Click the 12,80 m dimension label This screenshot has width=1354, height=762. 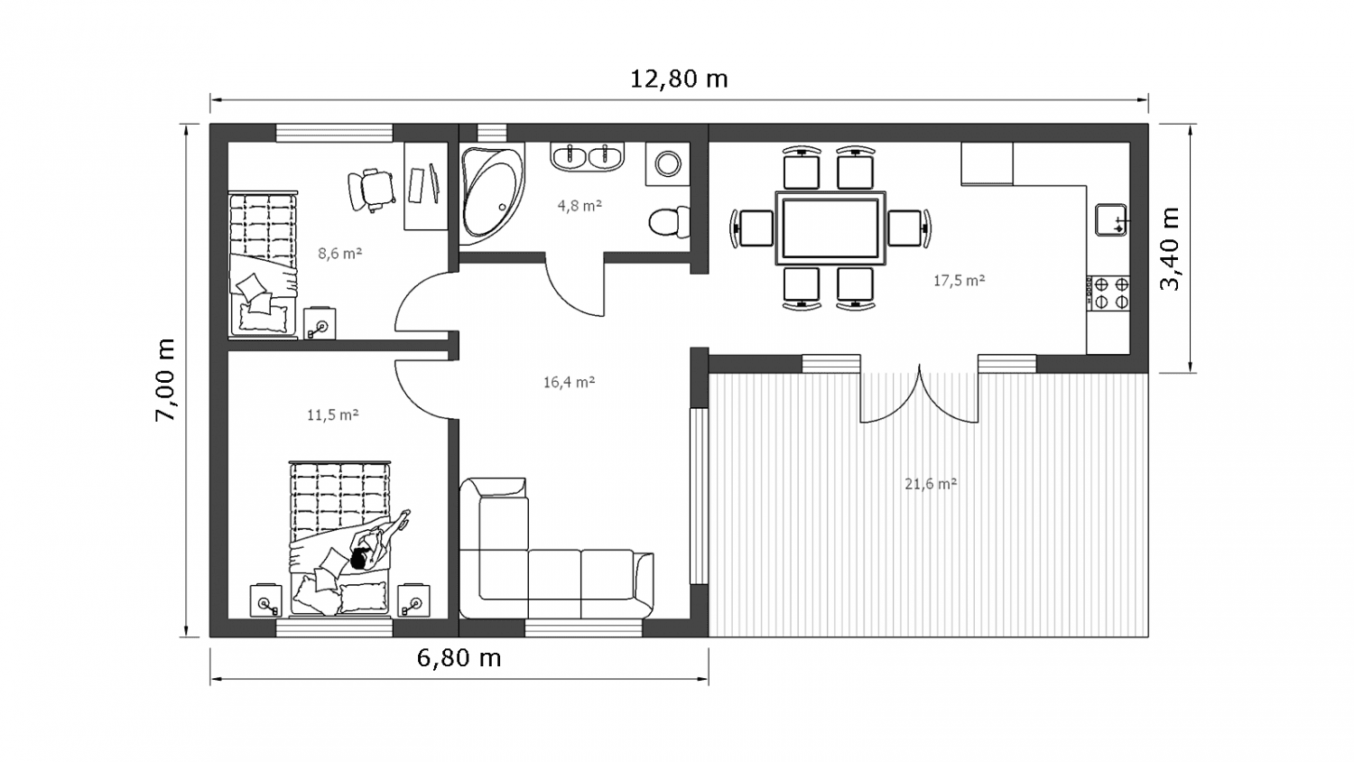click(x=679, y=79)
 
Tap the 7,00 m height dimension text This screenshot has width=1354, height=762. click(x=165, y=380)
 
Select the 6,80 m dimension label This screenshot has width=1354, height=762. click(x=459, y=658)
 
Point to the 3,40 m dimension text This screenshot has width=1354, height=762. click(x=1170, y=249)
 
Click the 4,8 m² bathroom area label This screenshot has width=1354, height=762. click(x=580, y=206)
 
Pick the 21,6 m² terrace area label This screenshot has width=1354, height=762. click(x=931, y=484)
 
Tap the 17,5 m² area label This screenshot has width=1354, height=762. click(x=960, y=281)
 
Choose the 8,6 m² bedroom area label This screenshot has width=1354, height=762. click(x=340, y=254)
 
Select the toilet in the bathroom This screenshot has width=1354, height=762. click(x=669, y=222)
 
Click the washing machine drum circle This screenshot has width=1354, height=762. click(x=668, y=164)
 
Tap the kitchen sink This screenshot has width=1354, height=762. click(x=1111, y=220)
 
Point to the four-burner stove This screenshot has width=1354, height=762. click(x=1108, y=293)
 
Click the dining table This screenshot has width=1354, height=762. click(x=831, y=228)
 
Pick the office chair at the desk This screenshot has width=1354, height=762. click(x=370, y=190)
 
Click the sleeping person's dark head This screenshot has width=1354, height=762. click(x=358, y=560)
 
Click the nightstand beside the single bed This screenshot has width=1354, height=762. click(x=320, y=323)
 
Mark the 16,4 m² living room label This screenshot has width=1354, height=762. click(x=569, y=382)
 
